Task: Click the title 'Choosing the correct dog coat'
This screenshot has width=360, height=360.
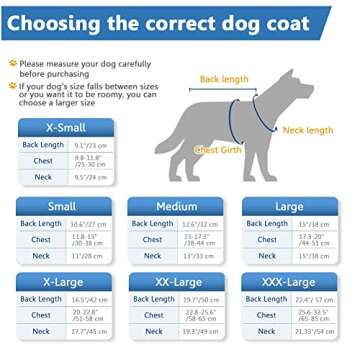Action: [x=179, y=21]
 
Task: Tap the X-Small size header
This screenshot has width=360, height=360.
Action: [x=66, y=129]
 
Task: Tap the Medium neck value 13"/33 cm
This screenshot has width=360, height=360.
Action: [x=200, y=256]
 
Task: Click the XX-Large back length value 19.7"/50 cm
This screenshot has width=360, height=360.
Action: [x=200, y=299]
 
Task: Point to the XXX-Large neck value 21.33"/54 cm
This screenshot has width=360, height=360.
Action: [x=313, y=331]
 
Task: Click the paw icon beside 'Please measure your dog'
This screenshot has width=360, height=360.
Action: [x=13, y=62]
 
